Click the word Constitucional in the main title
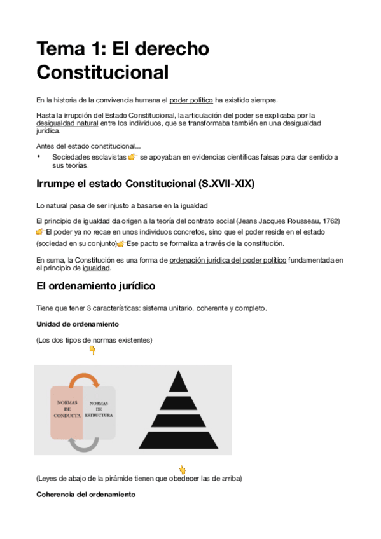pyautogui.click(x=102, y=72)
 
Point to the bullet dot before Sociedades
pyautogui.click(x=39, y=156)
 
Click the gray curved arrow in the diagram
pyautogui.click(x=84, y=444)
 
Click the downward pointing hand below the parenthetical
pyautogui.click(x=92, y=350)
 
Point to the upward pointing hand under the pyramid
pyautogui.click(x=182, y=470)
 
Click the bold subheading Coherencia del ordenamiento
pyautogui.click(x=86, y=495)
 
